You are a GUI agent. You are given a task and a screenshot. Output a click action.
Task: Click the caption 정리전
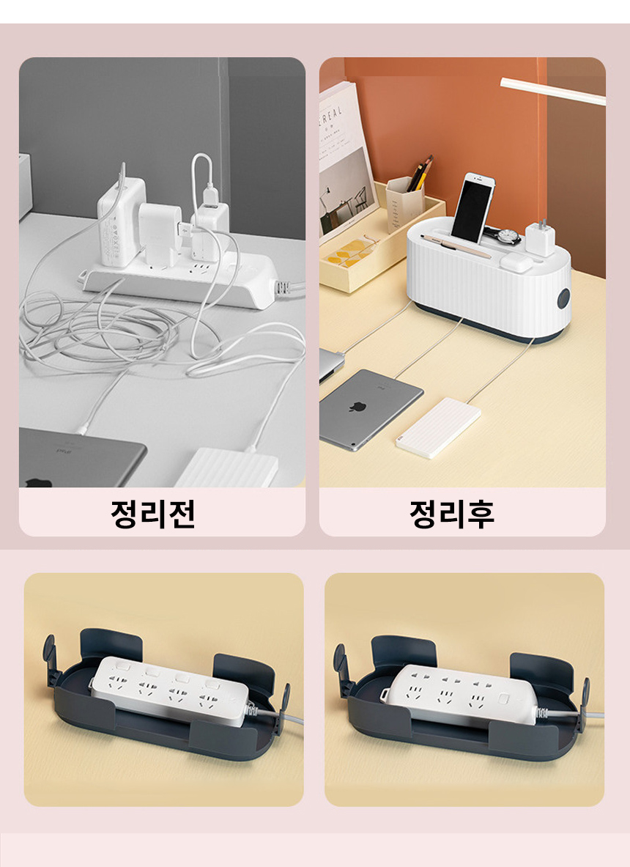tap(153, 514)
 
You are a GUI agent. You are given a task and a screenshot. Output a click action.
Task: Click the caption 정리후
tap(452, 514)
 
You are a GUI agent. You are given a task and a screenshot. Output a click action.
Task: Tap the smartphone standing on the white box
tap(472, 208)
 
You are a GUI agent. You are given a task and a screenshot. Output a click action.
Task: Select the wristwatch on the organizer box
tap(505, 236)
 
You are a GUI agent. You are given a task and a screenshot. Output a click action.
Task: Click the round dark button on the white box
tap(563, 298)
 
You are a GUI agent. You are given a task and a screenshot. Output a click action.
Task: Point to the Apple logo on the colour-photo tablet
tap(357, 407)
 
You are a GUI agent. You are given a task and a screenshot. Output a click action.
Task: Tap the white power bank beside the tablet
tap(437, 427)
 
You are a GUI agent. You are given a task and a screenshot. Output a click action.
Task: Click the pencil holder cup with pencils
tap(404, 202)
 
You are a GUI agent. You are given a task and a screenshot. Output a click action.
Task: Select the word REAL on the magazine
tap(332, 116)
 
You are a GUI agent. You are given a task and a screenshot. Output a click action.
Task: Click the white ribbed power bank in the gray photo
tap(226, 468)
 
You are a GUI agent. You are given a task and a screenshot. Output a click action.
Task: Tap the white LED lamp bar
tap(552, 91)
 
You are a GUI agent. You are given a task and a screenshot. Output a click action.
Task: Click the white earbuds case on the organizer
tap(516, 263)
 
